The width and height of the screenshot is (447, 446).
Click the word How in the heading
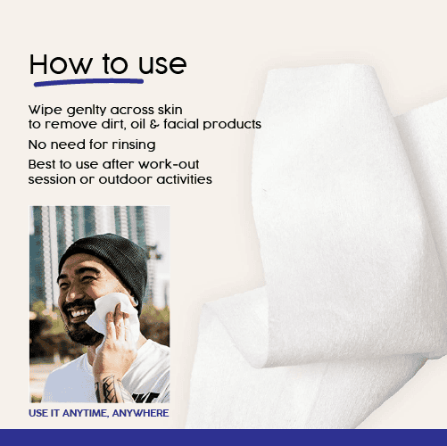pyautogui.click(x=55, y=64)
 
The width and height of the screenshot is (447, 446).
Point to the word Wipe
pyautogui.click(x=42, y=110)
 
